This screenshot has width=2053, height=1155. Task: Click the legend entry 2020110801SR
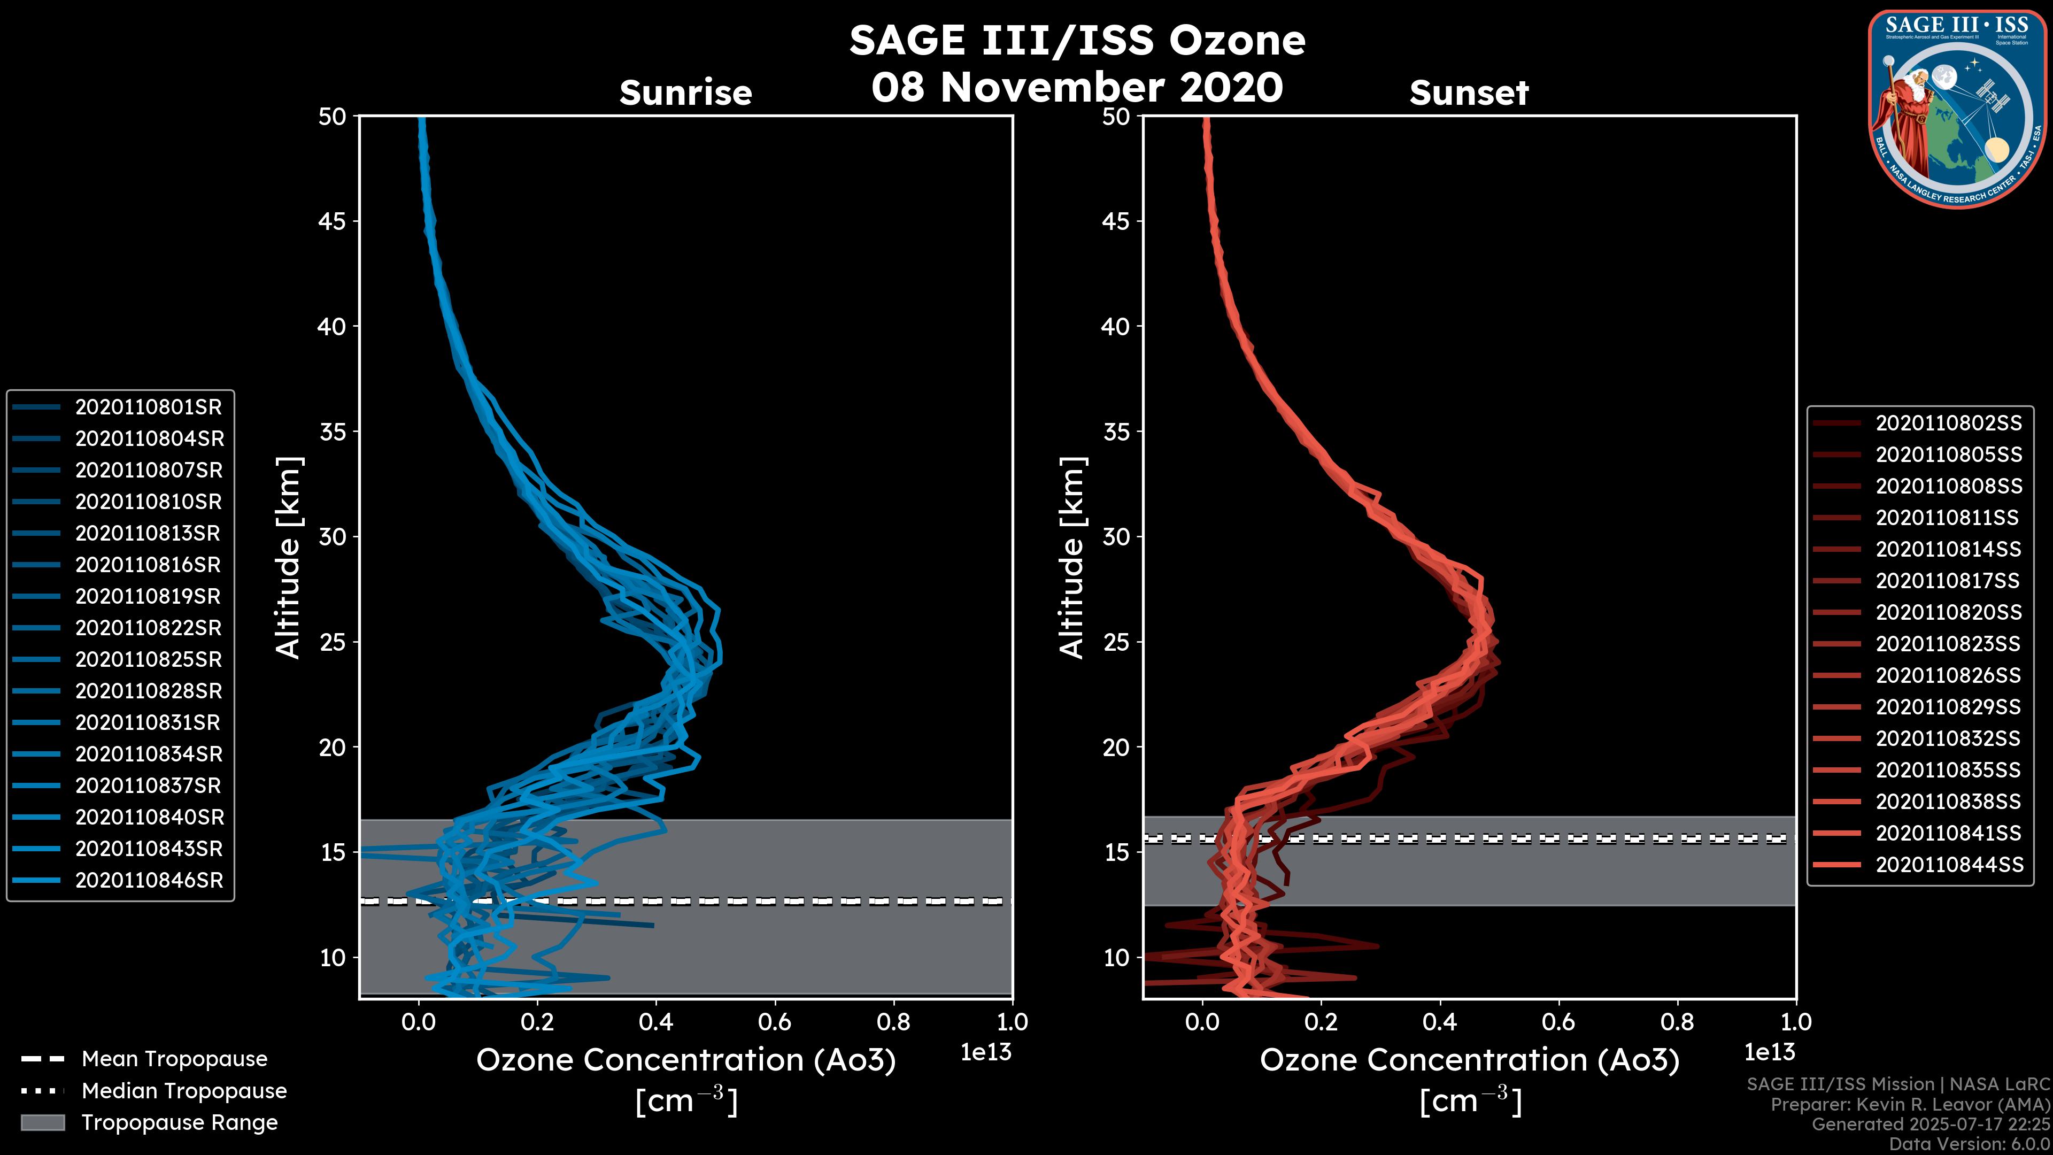148,407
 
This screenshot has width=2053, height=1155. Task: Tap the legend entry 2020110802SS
1949,423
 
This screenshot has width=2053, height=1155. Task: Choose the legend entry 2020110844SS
1949,865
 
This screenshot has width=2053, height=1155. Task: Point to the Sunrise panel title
685,93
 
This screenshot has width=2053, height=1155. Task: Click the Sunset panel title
1469,93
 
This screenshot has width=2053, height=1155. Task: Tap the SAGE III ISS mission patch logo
1957,109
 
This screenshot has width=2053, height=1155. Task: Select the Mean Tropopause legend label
174,1059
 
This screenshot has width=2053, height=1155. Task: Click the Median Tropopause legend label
184,1091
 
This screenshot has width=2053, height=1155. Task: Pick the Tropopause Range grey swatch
42,1123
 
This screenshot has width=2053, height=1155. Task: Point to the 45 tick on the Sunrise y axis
333,221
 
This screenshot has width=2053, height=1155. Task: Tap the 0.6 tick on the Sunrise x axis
775,1022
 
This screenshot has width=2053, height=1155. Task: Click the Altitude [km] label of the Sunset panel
1072,558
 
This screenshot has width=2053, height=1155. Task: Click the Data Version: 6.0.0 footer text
1970,1145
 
